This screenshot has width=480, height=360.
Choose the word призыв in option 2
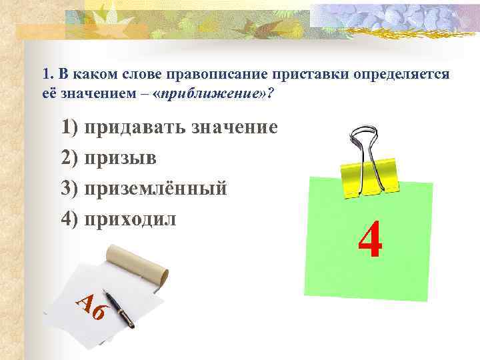(121, 158)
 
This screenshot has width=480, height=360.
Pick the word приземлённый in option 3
(155, 189)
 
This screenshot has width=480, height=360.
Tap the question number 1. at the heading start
(45, 73)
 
